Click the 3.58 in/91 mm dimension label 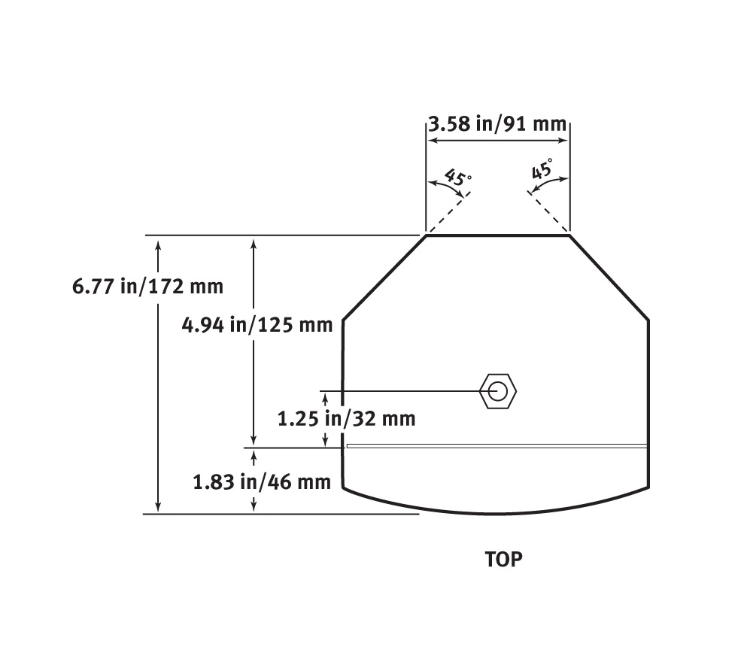pyautogui.click(x=497, y=123)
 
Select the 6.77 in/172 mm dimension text pyautogui.click(x=147, y=287)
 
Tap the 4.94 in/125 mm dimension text pyautogui.click(x=257, y=324)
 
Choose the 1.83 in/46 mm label pyautogui.click(x=262, y=482)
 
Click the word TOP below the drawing pyautogui.click(x=503, y=560)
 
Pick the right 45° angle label pyautogui.click(x=542, y=169)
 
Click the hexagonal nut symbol pyautogui.click(x=498, y=391)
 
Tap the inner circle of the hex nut pyautogui.click(x=498, y=391)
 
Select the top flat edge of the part pyautogui.click(x=497, y=235)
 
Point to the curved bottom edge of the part pyautogui.click(x=497, y=514)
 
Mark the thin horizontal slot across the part pyautogui.click(x=497, y=445)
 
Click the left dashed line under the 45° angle pyautogui.click(x=448, y=212)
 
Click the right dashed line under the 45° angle pyautogui.click(x=549, y=212)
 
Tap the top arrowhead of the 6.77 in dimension pyautogui.click(x=158, y=243)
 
